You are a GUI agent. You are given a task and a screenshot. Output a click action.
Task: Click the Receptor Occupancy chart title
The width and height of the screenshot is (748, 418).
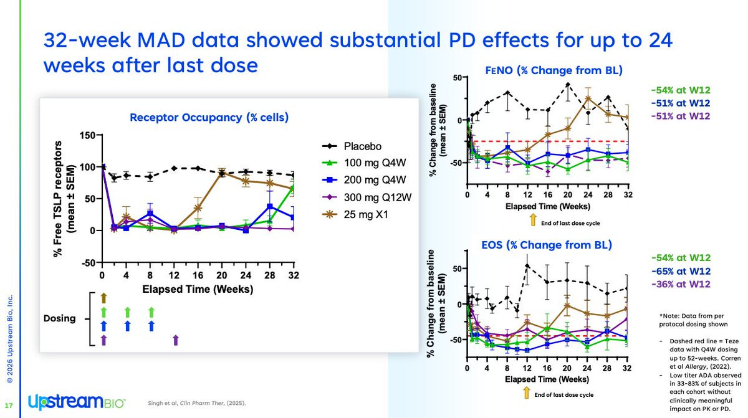pos(209,116)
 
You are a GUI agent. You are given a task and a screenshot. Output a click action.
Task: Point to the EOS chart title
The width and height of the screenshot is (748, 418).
pos(538,244)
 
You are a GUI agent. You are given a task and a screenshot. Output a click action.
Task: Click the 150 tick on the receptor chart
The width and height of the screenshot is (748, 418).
pos(86,136)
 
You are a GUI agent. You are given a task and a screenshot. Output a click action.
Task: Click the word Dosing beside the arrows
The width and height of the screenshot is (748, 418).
pos(59,318)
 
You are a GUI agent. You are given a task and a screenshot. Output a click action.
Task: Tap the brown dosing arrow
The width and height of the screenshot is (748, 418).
pos(104,297)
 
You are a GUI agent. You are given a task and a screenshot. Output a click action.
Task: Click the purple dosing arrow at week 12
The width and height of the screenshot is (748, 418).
pos(176,340)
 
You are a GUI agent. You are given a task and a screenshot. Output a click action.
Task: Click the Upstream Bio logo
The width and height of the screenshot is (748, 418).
pos(76,402)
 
